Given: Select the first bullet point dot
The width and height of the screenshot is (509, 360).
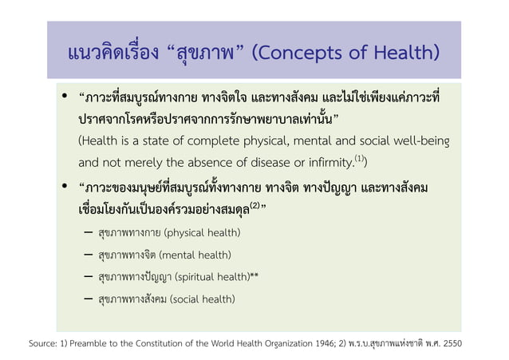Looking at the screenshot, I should click(62, 99).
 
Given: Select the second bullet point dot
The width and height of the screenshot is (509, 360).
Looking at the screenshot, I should click(62, 188).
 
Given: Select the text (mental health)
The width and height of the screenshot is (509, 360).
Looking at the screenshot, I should click(195, 255).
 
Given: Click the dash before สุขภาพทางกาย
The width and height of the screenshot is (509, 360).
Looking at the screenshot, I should click(86, 233).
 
